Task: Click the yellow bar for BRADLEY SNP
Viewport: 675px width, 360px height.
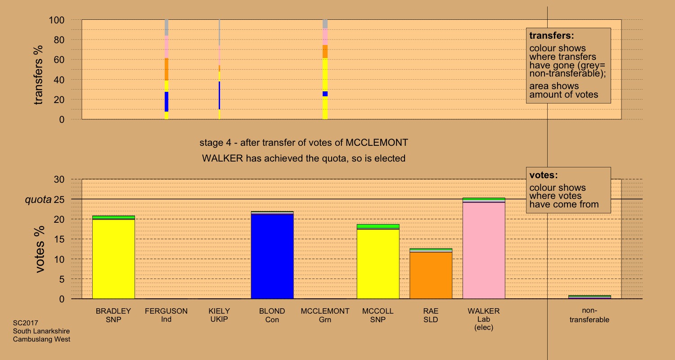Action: point(113,259)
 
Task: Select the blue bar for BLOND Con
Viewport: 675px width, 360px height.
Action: point(272,256)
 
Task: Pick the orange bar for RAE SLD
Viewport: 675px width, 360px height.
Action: point(431,275)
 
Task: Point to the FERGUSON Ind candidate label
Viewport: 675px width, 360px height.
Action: point(166,315)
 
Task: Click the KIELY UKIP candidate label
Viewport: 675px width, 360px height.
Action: point(219,315)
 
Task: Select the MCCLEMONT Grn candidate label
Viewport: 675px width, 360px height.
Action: point(325,315)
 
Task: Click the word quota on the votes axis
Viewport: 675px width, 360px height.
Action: point(38,199)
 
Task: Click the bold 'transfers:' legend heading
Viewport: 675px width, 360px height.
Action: point(552,36)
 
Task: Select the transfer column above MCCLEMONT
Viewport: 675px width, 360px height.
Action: point(325,69)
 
